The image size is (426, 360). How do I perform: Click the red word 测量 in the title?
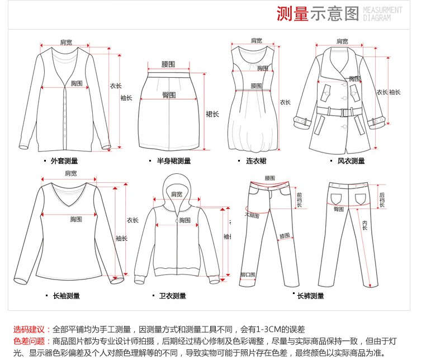[292, 13]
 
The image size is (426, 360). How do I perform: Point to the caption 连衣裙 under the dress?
[256, 161]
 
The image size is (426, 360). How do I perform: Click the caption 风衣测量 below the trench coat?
[351, 161]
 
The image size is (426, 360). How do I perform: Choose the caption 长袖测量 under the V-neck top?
[66, 296]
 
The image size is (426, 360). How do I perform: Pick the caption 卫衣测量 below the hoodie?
[172, 296]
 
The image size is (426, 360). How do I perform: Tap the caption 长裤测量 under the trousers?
[310, 296]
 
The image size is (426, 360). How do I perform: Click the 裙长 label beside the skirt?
[212, 113]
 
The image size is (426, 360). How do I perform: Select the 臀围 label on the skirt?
[169, 94]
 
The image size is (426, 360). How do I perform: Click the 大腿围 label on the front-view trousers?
[252, 215]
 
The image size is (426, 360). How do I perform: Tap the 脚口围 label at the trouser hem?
[248, 275]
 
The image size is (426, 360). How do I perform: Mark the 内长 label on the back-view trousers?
[365, 225]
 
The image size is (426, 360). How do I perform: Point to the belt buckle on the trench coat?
[340, 112]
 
